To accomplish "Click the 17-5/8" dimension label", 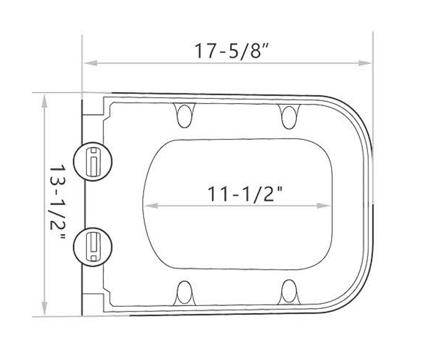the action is [230, 51].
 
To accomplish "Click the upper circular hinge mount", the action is [93, 161].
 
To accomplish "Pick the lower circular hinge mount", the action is [93, 247].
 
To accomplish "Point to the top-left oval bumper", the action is [184, 115].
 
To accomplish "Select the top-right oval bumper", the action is [289, 116].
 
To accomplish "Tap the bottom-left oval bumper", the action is [184, 293].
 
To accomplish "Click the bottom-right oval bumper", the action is [289, 292].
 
